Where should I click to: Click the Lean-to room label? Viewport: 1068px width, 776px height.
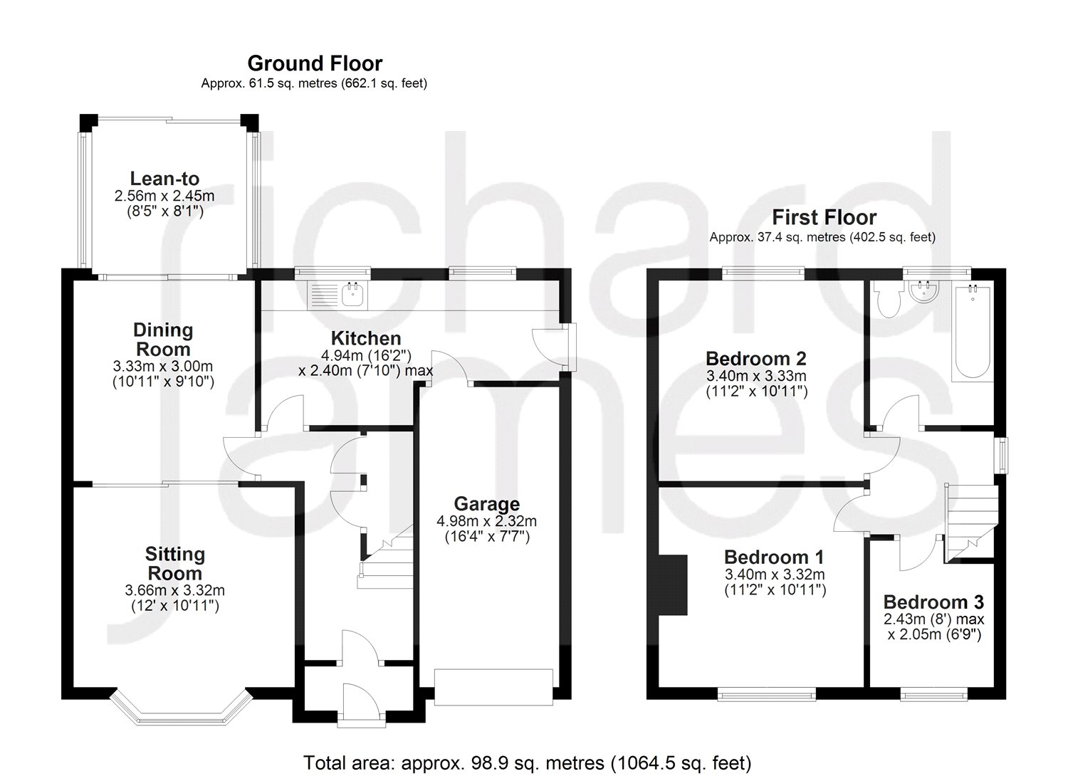point(164,179)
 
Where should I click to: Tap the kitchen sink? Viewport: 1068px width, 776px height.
point(352,293)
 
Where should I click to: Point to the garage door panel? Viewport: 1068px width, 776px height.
point(493,687)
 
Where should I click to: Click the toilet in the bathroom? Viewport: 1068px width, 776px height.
point(887,303)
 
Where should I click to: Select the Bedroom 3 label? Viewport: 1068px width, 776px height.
point(933,602)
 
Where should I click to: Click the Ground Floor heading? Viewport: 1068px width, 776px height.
point(315,63)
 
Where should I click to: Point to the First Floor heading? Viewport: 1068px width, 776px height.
point(824,217)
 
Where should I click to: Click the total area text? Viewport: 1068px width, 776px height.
point(528,763)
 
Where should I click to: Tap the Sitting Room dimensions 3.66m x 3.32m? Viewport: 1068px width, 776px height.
point(174,590)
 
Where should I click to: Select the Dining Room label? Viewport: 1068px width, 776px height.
point(164,340)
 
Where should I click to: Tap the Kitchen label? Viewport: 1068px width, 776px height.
point(366,338)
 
